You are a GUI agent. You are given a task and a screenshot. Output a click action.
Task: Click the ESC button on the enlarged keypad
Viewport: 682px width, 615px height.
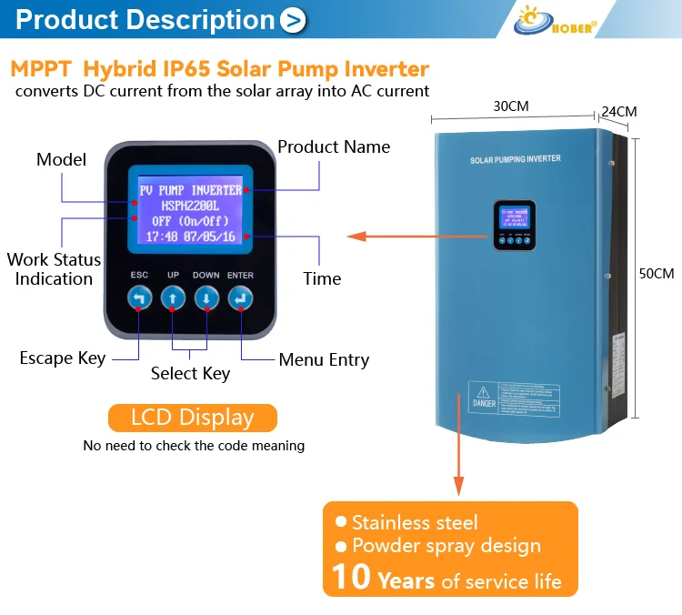(x=139, y=297)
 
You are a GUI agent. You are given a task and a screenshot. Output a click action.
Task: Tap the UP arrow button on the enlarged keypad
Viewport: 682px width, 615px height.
(x=173, y=297)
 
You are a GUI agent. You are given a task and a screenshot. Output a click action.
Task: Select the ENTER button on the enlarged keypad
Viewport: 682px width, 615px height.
(x=240, y=297)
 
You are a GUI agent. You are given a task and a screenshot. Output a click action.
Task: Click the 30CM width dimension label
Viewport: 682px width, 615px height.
(x=510, y=106)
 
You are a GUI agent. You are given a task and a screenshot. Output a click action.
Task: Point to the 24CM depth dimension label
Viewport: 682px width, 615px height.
(x=619, y=112)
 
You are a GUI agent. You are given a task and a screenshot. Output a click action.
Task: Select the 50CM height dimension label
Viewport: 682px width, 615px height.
(x=657, y=274)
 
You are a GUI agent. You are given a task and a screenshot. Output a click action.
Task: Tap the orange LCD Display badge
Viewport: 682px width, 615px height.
(x=192, y=418)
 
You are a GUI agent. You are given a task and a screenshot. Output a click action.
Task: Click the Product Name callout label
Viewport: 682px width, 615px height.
(x=334, y=146)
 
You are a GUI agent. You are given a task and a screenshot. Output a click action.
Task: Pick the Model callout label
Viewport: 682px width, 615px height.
(x=61, y=159)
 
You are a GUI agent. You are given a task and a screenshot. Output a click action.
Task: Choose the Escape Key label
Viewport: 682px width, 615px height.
(x=63, y=358)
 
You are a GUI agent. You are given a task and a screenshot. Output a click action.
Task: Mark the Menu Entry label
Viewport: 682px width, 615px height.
(x=324, y=360)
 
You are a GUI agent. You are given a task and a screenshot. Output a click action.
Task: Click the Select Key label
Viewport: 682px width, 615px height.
(x=190, y=373)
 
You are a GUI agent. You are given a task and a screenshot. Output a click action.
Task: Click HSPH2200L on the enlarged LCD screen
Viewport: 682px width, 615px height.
(x=190, y=206)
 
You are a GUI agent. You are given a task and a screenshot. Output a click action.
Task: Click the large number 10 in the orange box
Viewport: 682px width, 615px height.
(x=350, y=577)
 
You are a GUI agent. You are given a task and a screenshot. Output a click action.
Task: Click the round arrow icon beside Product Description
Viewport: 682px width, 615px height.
(x=293, y=20)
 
